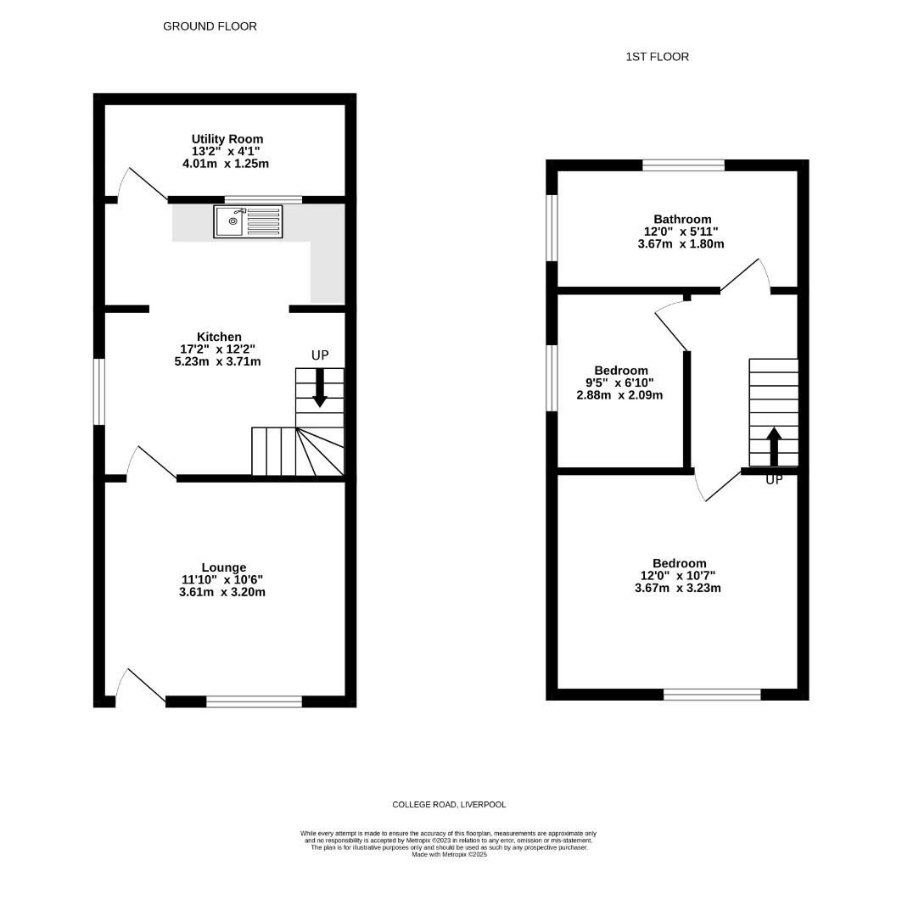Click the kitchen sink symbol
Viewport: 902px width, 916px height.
248,221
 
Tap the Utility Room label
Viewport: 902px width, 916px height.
227,139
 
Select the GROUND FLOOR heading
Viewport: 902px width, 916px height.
210,26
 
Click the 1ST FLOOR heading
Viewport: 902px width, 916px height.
657,57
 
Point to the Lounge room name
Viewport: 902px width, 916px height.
224,567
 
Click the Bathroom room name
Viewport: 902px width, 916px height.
682,219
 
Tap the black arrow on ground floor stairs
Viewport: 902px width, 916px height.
320,388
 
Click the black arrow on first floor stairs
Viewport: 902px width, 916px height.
774,447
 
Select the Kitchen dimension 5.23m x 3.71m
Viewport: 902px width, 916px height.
217,361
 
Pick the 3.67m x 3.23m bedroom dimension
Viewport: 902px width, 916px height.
677,589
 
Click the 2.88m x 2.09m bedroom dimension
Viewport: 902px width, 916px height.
619,395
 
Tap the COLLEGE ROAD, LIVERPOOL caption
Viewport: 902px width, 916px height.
449,804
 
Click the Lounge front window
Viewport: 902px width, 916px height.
255,701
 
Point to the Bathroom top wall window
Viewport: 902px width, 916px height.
684,165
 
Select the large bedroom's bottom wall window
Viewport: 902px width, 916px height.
712,695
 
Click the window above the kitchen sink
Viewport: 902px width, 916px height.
264,200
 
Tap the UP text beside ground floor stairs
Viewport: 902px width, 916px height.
320,355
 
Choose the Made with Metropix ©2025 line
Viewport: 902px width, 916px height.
449,855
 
